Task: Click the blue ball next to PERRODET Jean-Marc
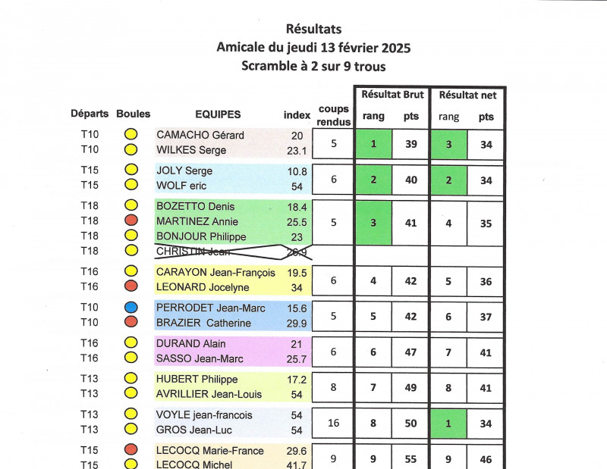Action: [x=131, y=307]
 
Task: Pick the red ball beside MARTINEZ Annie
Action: [x=131, y=220]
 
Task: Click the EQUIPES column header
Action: [x=218, y=114]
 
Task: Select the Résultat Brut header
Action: [x=392, y=95]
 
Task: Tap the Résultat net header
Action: [x=467, y=95]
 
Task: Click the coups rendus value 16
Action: [x=334, y=423]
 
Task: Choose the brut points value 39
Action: [x=410, y=144]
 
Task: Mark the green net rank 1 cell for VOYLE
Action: [x=448, y=423]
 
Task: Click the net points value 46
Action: [x=486, y=458]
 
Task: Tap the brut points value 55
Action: [x=410, y=458]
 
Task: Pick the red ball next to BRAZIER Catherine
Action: [x=131, y=322]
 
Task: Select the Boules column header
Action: [x=133, y=114]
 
